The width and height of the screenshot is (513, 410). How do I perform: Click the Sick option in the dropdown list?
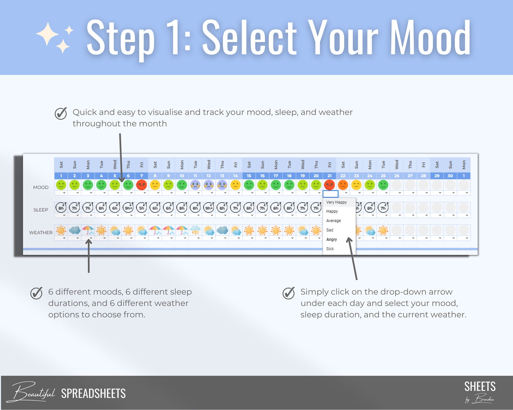[x=330, y=249]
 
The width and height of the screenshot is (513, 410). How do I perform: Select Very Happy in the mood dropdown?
[x=336, y=202]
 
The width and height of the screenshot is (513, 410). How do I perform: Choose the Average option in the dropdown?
[x=333, y=221]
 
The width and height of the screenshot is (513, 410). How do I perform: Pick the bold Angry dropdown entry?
[x=331, y=240]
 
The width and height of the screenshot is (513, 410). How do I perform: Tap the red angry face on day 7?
[x=141, y=185]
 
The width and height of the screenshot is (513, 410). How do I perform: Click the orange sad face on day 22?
[x=343, y=185]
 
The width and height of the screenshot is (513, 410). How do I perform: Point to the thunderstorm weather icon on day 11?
[x=195, y=231]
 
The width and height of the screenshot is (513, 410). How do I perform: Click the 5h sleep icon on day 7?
[x=141, y=208]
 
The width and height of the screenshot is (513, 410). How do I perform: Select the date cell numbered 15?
[x=249, y=176]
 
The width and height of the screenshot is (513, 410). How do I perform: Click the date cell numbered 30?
[x=450, y=176]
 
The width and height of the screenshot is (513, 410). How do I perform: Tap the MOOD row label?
[x=41, y=187]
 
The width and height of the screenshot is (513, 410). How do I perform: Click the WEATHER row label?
[x=41, y=232]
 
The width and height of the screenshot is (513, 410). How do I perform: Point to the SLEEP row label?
[x=41, y=210]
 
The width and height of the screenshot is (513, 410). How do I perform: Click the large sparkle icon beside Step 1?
[x=47, y=34]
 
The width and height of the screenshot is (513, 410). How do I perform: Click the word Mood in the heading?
[x=430, y=38]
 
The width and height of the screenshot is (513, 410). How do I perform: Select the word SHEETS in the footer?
[x=480, y=387]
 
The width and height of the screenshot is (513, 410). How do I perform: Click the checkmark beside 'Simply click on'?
[x=288, y=293]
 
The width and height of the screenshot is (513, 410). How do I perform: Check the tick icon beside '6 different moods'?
[x=36, y=293]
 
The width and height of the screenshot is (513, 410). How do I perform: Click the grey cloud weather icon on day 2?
[x=74, y=230]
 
